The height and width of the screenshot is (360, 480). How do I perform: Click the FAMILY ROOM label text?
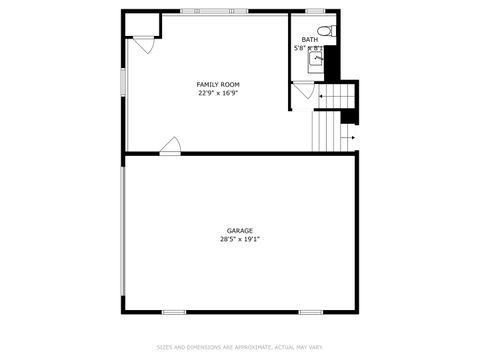[217, 84]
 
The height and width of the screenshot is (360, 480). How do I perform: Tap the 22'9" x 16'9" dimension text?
[217, 93]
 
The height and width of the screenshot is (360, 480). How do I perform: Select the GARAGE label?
[239, 231]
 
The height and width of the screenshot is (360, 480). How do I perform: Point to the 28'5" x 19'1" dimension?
[239, 240]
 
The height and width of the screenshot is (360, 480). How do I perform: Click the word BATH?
[310, 39]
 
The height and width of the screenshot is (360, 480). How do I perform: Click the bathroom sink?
[316, 59]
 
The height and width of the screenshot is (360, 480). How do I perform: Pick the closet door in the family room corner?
[144, 44]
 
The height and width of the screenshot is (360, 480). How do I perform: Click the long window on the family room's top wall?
[220, 11]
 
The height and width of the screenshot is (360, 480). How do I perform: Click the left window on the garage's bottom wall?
[174, 312]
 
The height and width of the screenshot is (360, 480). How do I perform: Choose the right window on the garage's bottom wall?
[310, 312]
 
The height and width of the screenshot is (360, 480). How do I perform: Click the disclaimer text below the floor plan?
[239, 347]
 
